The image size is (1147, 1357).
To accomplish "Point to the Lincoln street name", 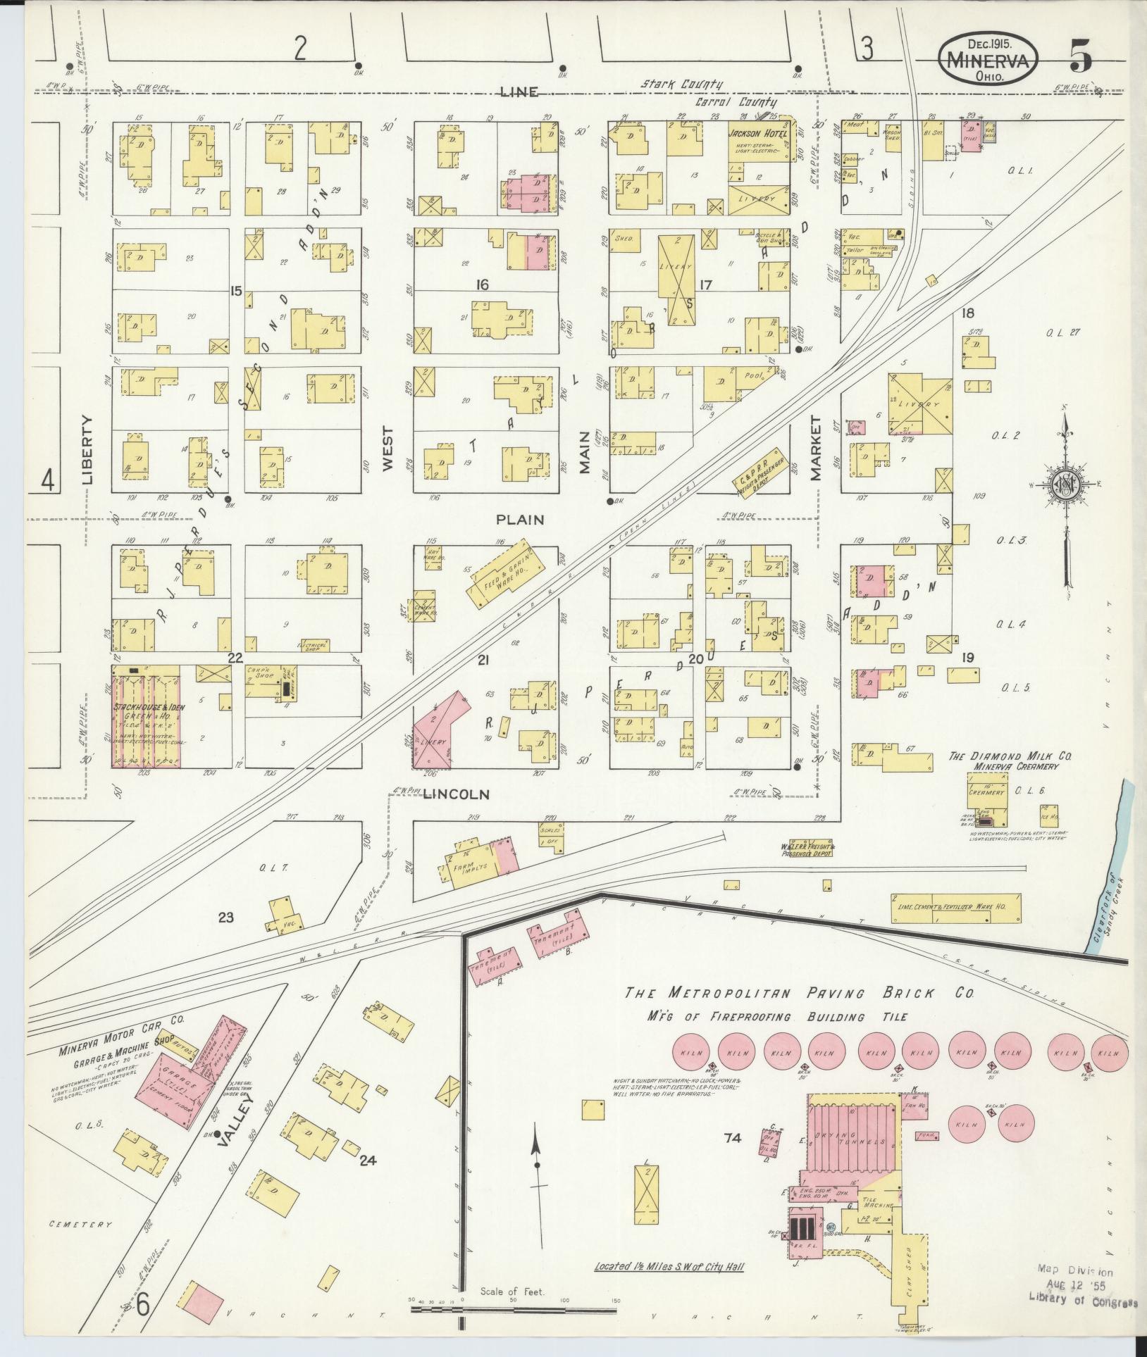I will pyautogui.click(x=456, y=794).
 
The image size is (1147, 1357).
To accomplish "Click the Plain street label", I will pyautogui.click(x=520, y=520).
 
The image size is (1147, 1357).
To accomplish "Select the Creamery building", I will pyautogui.click(x=986, y=791).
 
